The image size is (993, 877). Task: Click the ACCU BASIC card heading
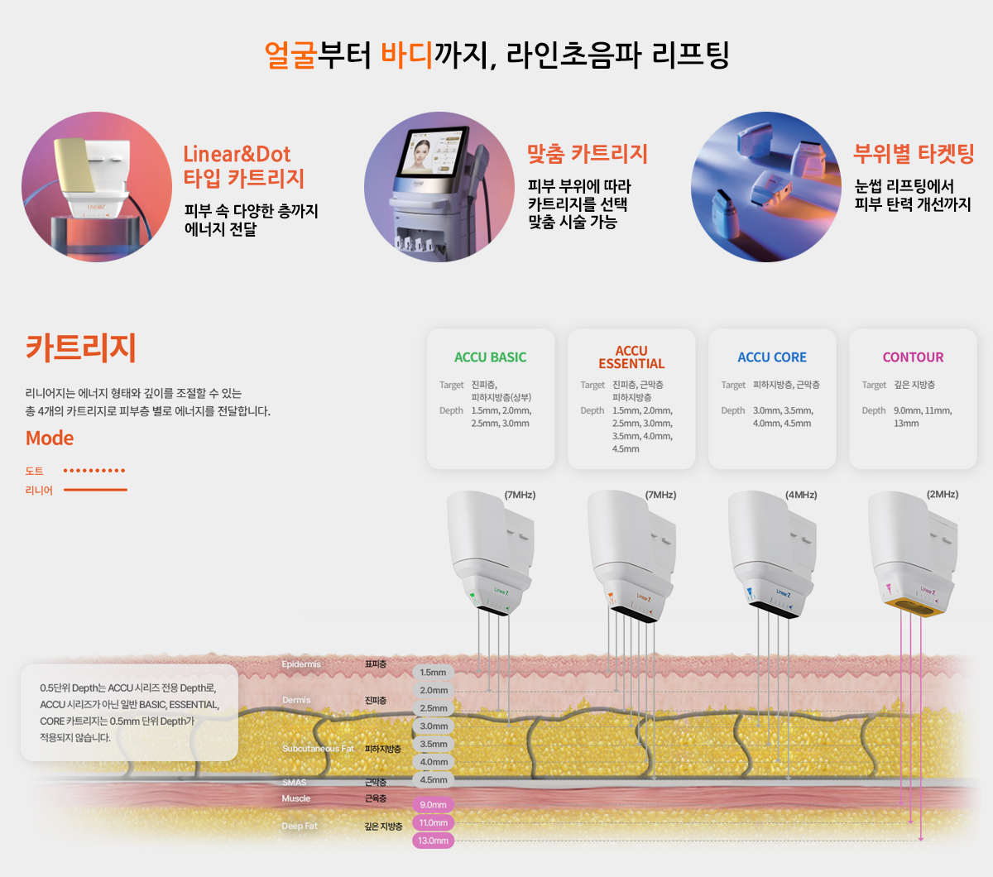[490, 357]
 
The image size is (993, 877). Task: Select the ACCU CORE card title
[772, 357]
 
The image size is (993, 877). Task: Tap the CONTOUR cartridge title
[913, 357]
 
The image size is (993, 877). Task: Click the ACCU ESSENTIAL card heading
[631, 357]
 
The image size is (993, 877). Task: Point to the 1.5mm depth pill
[433, 673]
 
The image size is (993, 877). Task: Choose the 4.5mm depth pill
[434, 780]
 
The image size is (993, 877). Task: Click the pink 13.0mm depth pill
[433, 841]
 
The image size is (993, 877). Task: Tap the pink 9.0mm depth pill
[433, 805]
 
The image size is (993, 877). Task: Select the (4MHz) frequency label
[801, 495]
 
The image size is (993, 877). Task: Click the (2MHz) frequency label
[943, 495]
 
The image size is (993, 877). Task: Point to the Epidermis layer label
[301, 664]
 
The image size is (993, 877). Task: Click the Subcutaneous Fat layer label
[318, 749]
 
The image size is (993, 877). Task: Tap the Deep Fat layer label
[300, 826]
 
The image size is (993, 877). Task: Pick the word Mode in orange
[50, 438]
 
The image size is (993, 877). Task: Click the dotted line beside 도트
[94, 471]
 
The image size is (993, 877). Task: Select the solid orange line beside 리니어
[95, 490]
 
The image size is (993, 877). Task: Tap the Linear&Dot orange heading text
[237, 155]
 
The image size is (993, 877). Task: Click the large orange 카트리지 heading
[81, 347]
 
